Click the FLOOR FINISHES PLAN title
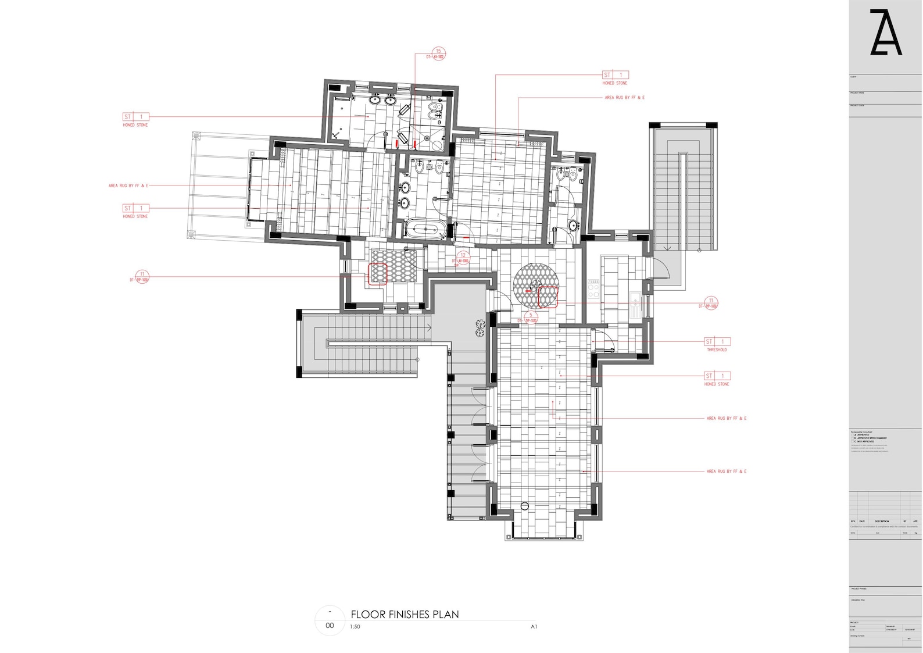405,614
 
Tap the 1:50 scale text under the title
355,627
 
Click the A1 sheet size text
534,627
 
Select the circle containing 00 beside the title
330,621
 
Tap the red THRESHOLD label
717,350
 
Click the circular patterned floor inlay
535,285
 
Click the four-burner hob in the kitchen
593,288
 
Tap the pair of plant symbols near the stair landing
480,328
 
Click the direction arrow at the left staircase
429,328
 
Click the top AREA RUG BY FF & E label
624,98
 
